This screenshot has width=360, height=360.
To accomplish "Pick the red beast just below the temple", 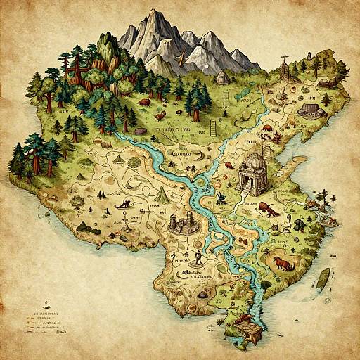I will click(x=268, y=207).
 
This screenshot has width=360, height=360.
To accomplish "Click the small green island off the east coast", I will click(x=324, y=276).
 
